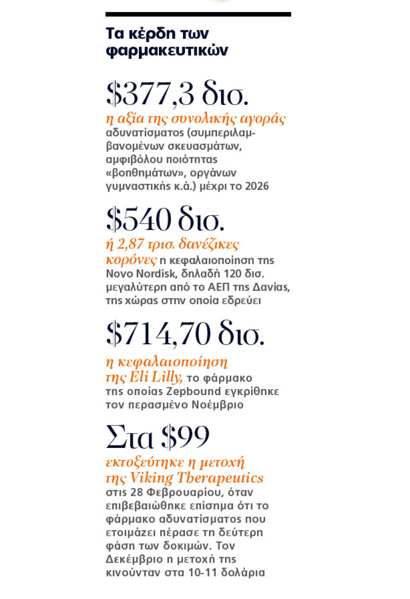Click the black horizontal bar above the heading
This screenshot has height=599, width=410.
pos(198,14)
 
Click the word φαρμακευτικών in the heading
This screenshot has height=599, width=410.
pos(166,51)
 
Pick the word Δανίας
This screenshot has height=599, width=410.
pos(272,287)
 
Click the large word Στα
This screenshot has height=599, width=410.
pos(130,437)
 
